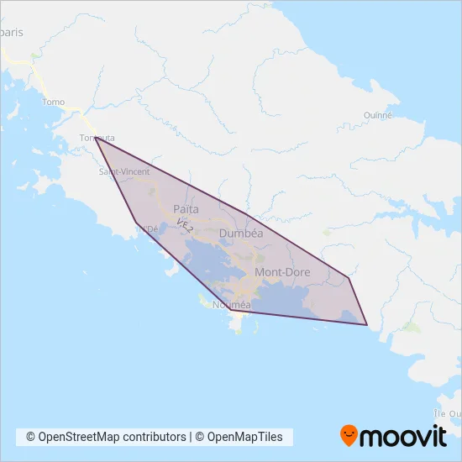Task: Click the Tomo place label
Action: (53, 102)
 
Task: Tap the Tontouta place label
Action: (96, 138)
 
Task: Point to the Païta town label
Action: (186, 208)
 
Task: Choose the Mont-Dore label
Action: (282, 272)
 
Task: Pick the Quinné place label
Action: (378, 115)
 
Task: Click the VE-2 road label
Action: (185, 224)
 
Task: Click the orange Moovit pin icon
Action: (349, 435)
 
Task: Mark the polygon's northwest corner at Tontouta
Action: (95, 137)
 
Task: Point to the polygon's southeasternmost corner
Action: (367, 324)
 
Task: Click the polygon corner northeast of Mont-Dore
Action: (348, 277)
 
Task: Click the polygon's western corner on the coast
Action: (135, 222)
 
